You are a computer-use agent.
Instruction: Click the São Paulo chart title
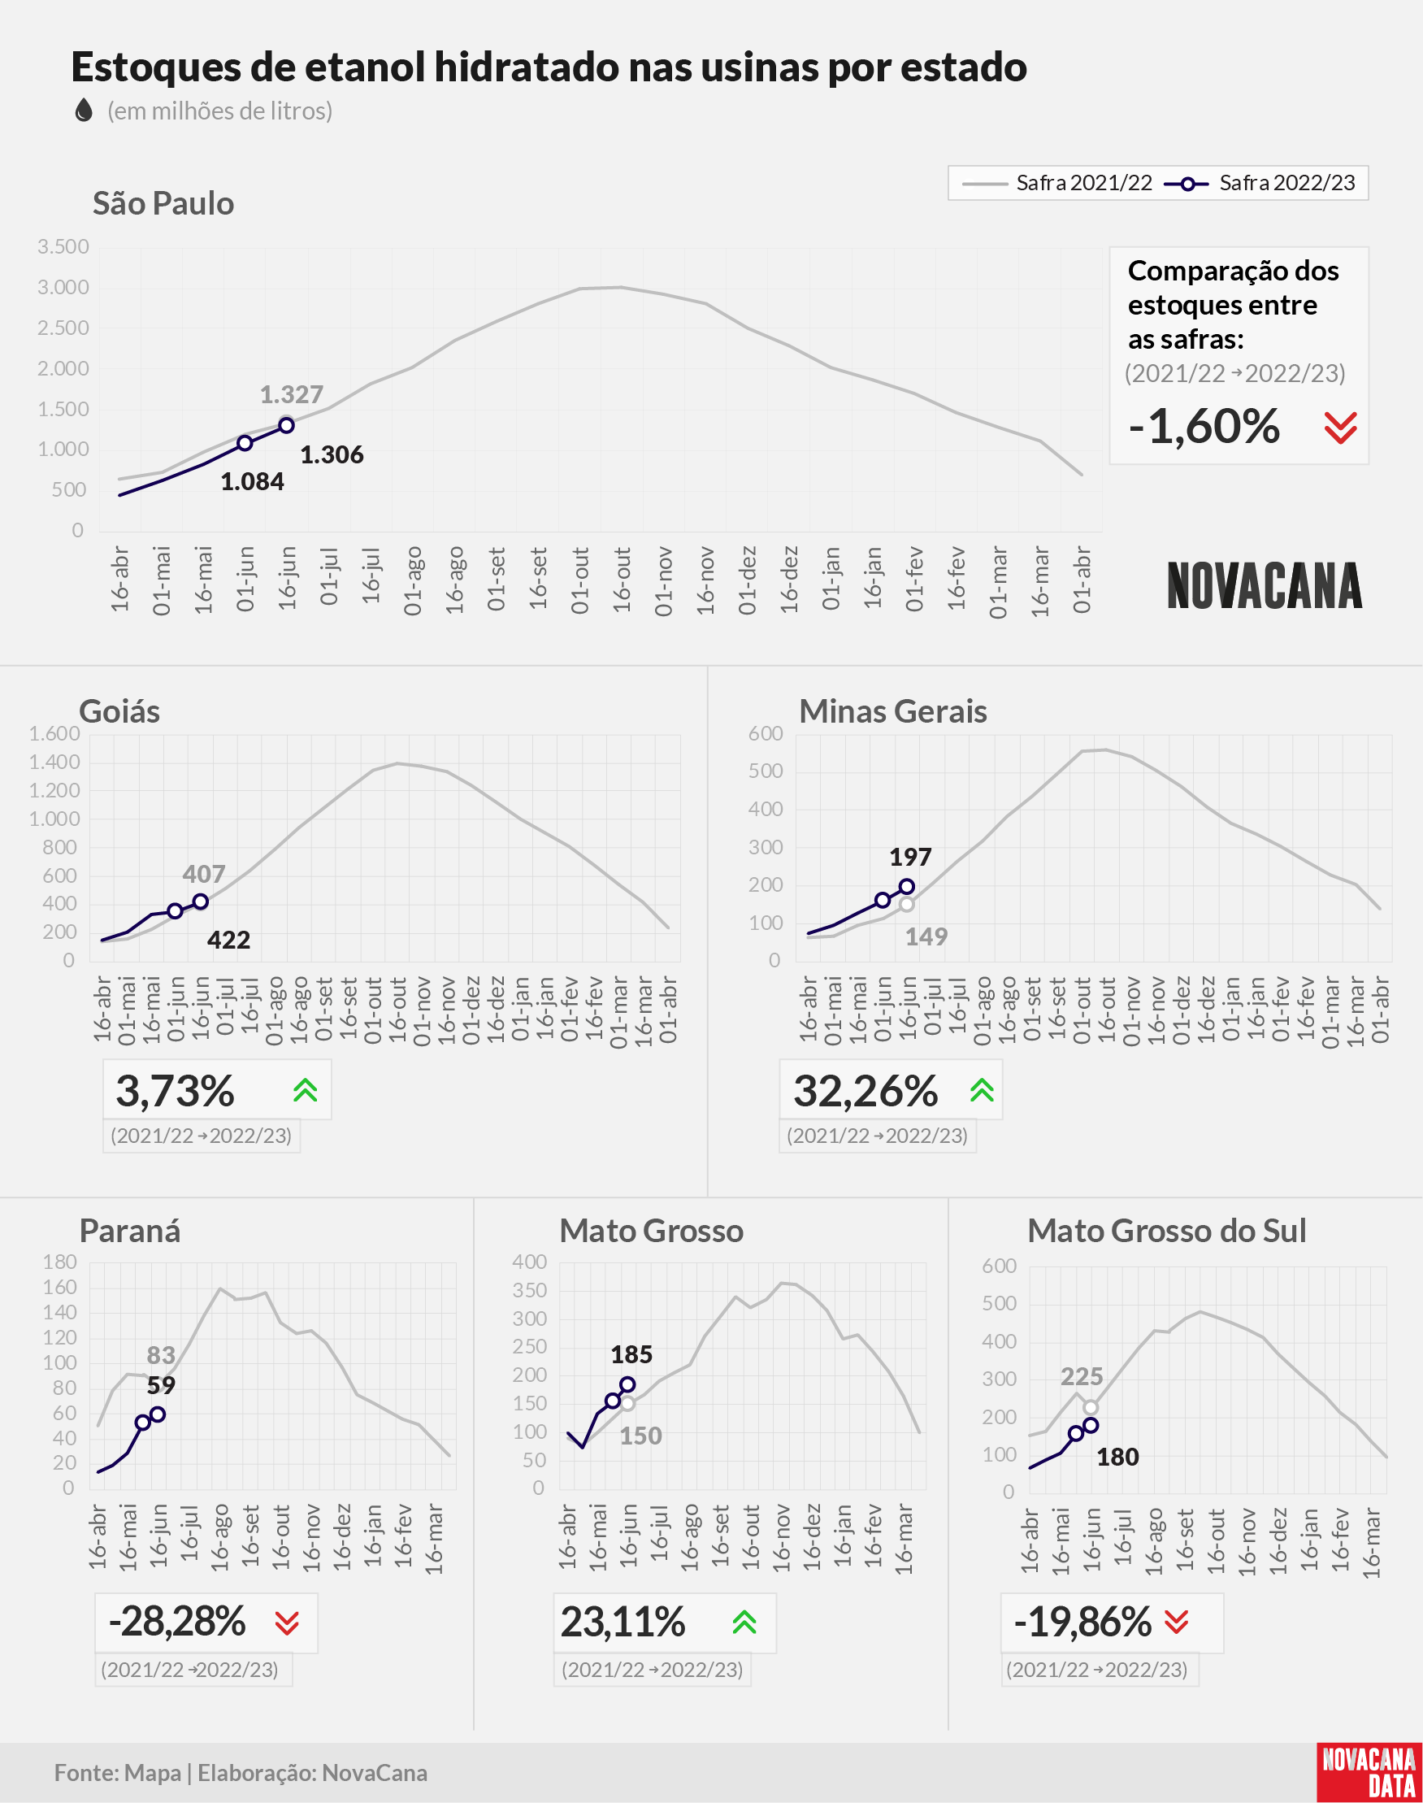tap(163, 203)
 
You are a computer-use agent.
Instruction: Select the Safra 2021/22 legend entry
tap(1057, 183)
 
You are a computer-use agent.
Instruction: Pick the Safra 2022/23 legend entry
tap(1260, 183)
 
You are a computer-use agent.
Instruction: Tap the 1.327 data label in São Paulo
tap(292, 394)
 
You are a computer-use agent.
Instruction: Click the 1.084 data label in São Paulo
tap(253, 481)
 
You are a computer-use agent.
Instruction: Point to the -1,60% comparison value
tap(1204, 427)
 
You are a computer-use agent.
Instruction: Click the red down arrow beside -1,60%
tap(1341, 428)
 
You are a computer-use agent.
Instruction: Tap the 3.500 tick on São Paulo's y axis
tap(63, 246)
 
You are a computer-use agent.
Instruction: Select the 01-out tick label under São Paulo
tap(581, 580)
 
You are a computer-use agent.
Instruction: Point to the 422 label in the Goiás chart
tap(229, 940)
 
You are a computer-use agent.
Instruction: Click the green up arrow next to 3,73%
tap(306, 1090)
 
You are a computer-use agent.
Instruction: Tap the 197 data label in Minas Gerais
tap(911, 857)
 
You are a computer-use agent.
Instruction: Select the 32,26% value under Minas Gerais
tap(866, 1091)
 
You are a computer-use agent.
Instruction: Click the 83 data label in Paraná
tap(161, 1356)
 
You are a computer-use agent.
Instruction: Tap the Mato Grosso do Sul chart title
tap(1166, 1231)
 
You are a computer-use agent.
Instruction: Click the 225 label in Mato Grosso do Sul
tap(1082, 1376)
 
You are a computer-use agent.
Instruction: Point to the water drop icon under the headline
tap(84, 110)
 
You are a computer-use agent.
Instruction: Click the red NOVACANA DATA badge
tap(1369, 1772)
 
